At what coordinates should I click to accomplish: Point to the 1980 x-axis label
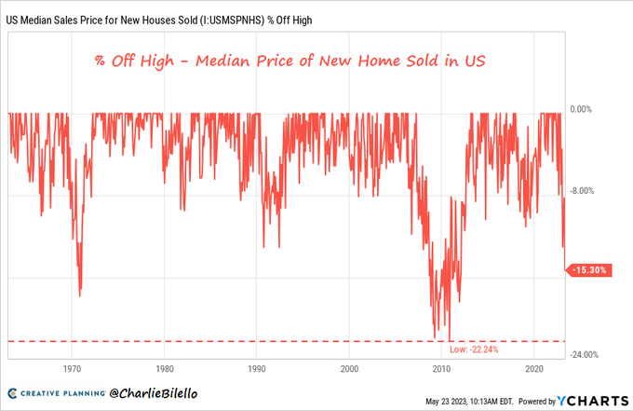coord(165,367)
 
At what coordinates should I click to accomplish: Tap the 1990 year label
coord(257,367)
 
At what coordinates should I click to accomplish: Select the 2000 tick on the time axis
coord(349,367)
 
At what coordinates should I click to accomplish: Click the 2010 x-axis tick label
coord(441,367)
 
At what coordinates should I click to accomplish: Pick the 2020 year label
coord(533,367)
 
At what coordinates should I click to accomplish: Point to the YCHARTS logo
coord(591,401)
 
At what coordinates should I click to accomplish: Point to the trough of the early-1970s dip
coord(80,295)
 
